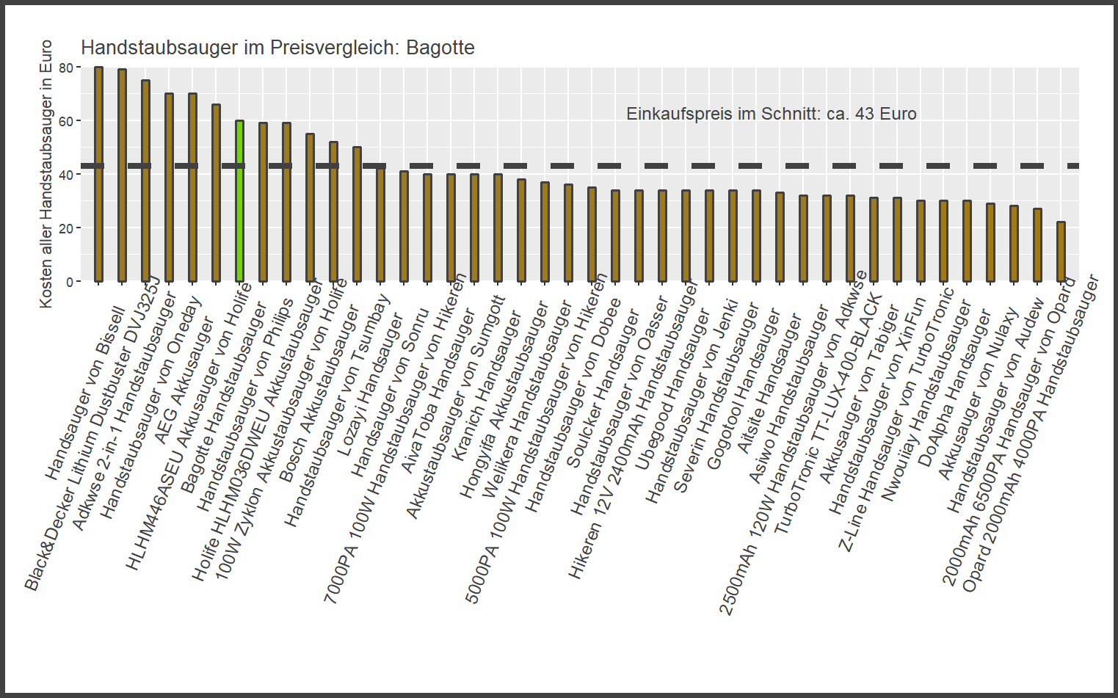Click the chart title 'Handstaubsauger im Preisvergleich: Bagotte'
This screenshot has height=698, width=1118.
coord(277,48)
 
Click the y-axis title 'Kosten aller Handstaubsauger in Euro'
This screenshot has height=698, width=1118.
coord(46,174)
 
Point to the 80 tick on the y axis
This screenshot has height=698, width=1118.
coord(66,68)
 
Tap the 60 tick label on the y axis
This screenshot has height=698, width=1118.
coord(66,121)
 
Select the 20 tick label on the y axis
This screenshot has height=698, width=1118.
coord(66,228)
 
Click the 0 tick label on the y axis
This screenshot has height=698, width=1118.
coord(69,282)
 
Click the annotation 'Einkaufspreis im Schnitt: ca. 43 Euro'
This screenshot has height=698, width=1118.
coord(771,114)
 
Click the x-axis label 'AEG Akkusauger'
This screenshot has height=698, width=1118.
coord(184,382)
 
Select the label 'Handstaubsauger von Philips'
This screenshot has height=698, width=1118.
coord(246,404)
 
